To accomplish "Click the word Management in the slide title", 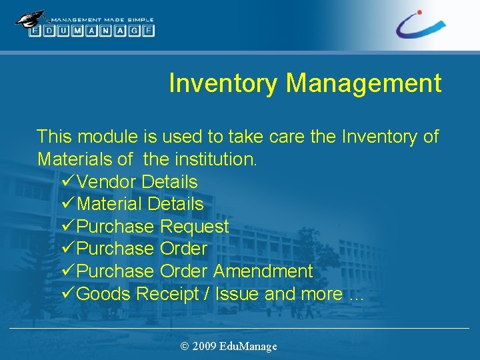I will click(x=363, y=83).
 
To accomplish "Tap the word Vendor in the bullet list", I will click(x=107, y=181).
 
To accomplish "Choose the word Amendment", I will click(x=263, y=271).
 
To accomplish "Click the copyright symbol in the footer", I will click(x=185, y=346).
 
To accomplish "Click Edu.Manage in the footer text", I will click(x=249, y=346).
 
